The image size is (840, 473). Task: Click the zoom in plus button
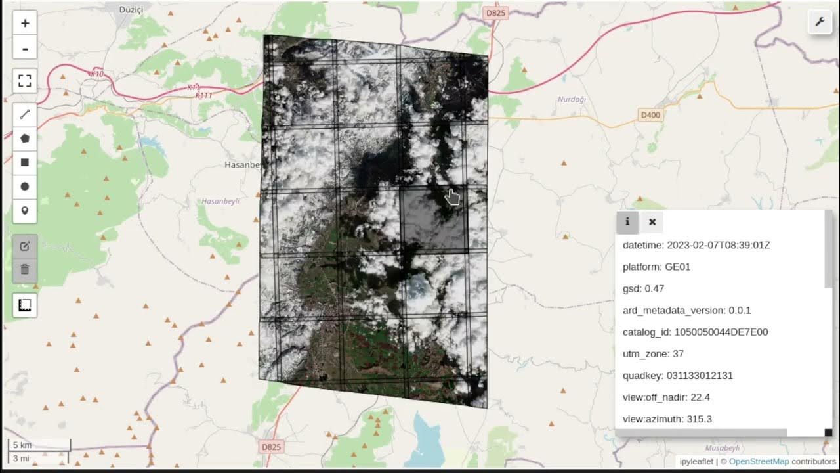[25, 23]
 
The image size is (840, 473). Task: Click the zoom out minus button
[25, 49]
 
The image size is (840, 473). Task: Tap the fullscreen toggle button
[25, 81]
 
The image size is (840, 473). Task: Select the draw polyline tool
[25, 114]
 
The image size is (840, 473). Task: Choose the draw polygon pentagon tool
[25, 139]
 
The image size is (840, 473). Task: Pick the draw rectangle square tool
[25, 162]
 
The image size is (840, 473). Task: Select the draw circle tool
[25, 187]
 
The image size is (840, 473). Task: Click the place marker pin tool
[25, 210]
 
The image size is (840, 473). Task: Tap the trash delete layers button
[25, 269]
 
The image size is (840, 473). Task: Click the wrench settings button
[820, 22]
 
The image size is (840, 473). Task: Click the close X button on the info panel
[652, 222]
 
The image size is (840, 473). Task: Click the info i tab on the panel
[627, 222]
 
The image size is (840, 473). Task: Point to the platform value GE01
[678, 267]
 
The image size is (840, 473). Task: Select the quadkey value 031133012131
[700, 375]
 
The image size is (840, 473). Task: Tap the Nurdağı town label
[571, 99]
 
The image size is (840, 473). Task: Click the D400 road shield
[650, 116]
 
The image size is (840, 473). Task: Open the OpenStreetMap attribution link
[759, 461]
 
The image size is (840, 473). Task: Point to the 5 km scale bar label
[22, 445]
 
